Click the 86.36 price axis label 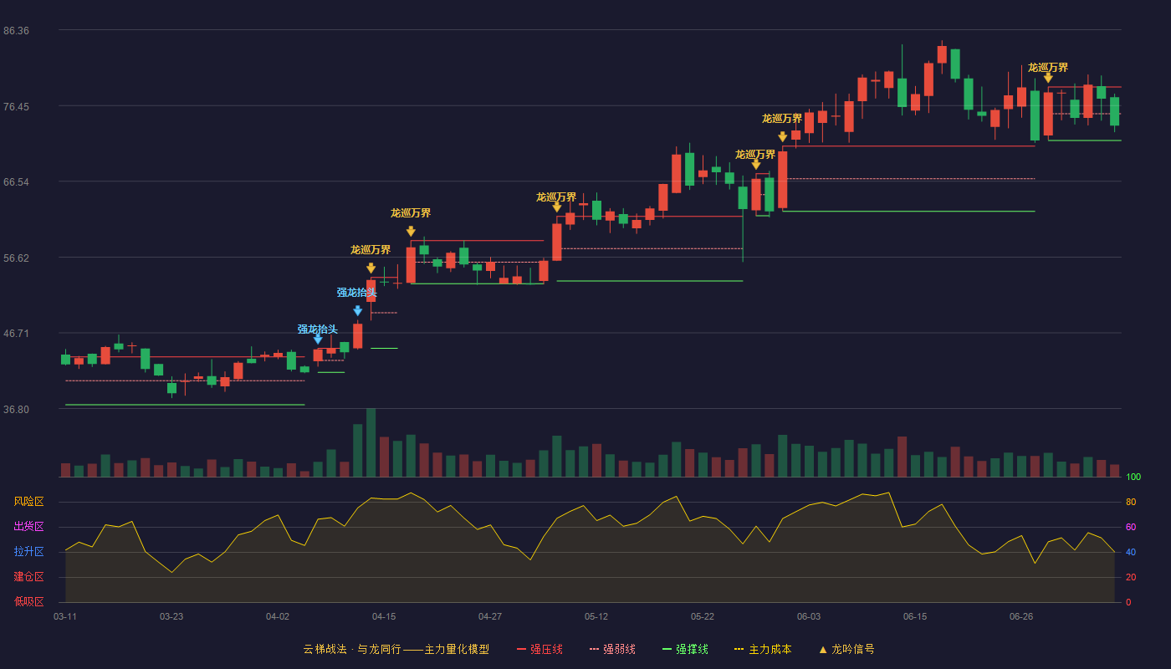coord(16,31)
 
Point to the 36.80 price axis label coord(16,409)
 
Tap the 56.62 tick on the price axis coord(16,258)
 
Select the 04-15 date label coord(384,617)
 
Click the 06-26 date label coord(1021,617)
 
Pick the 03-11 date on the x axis coord(65,617)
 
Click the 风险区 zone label coord(28,502)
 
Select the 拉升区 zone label coord(28,552)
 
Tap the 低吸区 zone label coord(28,602)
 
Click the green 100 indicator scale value coord(1133,477)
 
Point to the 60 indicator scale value coord(1131,527)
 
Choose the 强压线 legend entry coord(539,649)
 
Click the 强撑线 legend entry coord(685,649)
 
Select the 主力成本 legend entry coord(763,649)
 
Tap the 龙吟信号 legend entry coord(846,649)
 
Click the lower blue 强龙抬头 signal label coord(317,329)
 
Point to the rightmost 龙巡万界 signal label coord(1047,68)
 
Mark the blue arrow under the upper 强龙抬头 coord(358,311)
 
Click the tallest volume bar coord(371,442)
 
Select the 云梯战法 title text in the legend coord(325,649)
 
